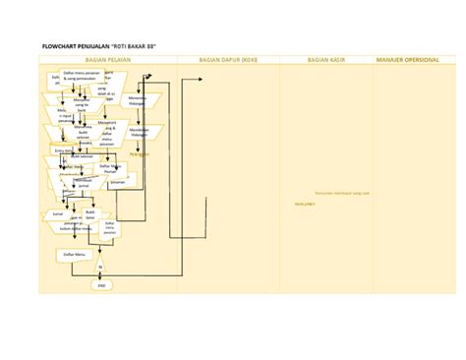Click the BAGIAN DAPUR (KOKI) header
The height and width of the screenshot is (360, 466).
[x=228, y=61]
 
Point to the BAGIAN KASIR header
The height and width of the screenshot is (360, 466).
[x=325, y=61]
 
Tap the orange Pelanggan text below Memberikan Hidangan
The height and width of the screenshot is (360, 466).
[x=139, y=152]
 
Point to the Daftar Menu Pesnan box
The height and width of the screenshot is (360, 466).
[x=110, y=167]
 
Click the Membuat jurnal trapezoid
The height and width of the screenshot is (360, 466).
[x=86, y=182]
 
